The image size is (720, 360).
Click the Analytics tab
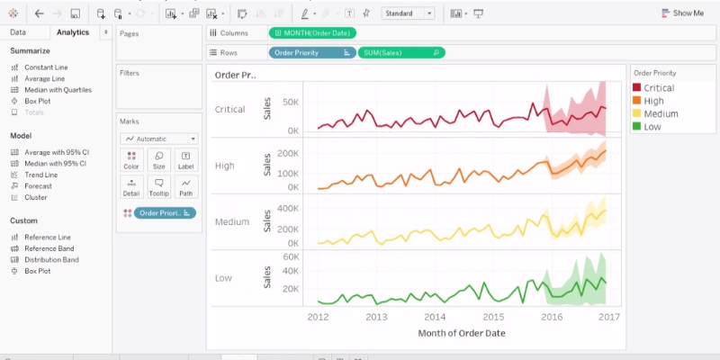click(73, 32)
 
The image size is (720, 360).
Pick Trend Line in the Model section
click(40, 175)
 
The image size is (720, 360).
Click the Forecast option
click(38, 186)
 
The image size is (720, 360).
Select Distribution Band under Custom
click(51, 259)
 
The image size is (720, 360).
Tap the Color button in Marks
click(131, 160)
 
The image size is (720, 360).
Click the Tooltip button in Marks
click(158, 187)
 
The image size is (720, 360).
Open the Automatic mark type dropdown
click(159, 139)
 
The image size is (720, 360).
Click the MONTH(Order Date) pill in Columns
click(311, 33)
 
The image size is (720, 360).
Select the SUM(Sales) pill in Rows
click(400, 52)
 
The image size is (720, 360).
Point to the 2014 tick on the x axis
click(435, 317)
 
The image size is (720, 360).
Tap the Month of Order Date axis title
click(461, 333)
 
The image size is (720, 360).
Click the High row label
click(224, 166)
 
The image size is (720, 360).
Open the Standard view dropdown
click(408, 13)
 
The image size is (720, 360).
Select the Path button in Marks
click(185, 187)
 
